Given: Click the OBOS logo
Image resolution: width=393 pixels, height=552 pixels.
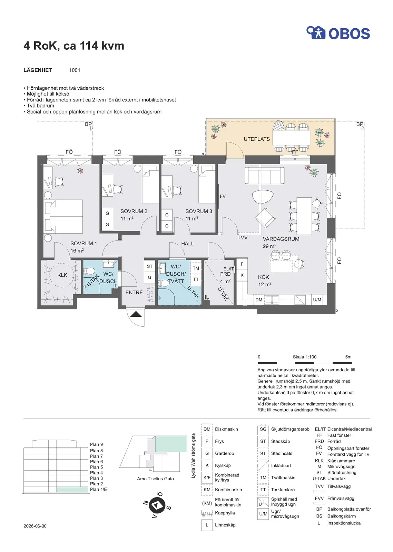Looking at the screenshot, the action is (338, 33).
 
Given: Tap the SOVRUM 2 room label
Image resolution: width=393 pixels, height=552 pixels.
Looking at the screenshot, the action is (134, 211).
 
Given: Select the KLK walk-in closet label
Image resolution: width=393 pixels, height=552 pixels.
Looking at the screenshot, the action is (62, 275).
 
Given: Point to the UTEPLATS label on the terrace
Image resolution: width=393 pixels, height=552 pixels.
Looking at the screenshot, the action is (257, 139).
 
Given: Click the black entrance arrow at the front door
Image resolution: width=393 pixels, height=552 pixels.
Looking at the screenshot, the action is (136, 314).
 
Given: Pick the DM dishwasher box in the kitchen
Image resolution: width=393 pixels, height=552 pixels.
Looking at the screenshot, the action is (259, 300).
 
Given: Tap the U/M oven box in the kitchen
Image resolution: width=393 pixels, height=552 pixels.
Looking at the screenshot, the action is (317, 300).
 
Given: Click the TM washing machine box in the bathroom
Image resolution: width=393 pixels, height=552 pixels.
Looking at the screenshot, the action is (196, 268).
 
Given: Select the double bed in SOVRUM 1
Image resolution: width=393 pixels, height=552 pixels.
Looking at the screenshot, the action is (63, 216).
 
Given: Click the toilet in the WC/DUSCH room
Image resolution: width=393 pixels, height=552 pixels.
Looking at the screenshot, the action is (89, 271).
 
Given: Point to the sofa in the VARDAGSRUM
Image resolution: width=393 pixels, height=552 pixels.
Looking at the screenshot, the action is (264, 175).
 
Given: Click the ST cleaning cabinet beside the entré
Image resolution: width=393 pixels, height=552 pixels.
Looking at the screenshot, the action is (149, 266).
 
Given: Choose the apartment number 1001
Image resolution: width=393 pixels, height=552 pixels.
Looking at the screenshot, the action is (75, 70).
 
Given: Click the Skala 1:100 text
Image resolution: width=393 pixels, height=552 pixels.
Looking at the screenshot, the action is (305, 357).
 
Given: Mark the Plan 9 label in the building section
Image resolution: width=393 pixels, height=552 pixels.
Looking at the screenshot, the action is (96, 444).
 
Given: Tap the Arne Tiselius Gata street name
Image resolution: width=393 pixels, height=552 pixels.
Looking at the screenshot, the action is (156, 479).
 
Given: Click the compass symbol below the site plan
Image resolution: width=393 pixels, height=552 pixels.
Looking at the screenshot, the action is (157, 505).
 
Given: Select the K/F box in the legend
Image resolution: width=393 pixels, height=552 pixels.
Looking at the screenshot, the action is (207, 477).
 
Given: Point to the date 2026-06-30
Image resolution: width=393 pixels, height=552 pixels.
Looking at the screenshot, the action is (35, 526).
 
